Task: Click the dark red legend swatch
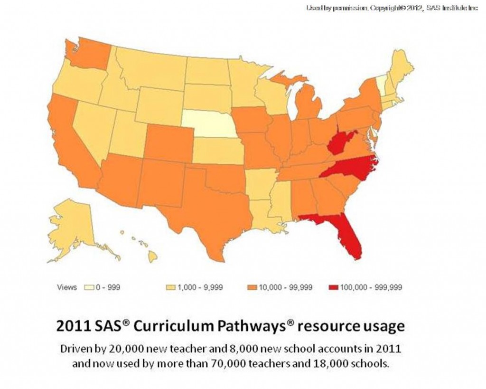coord(331,287)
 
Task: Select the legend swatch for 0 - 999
coord(88,287)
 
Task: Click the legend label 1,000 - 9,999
coord(199,287)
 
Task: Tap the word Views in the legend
coord(66,287)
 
